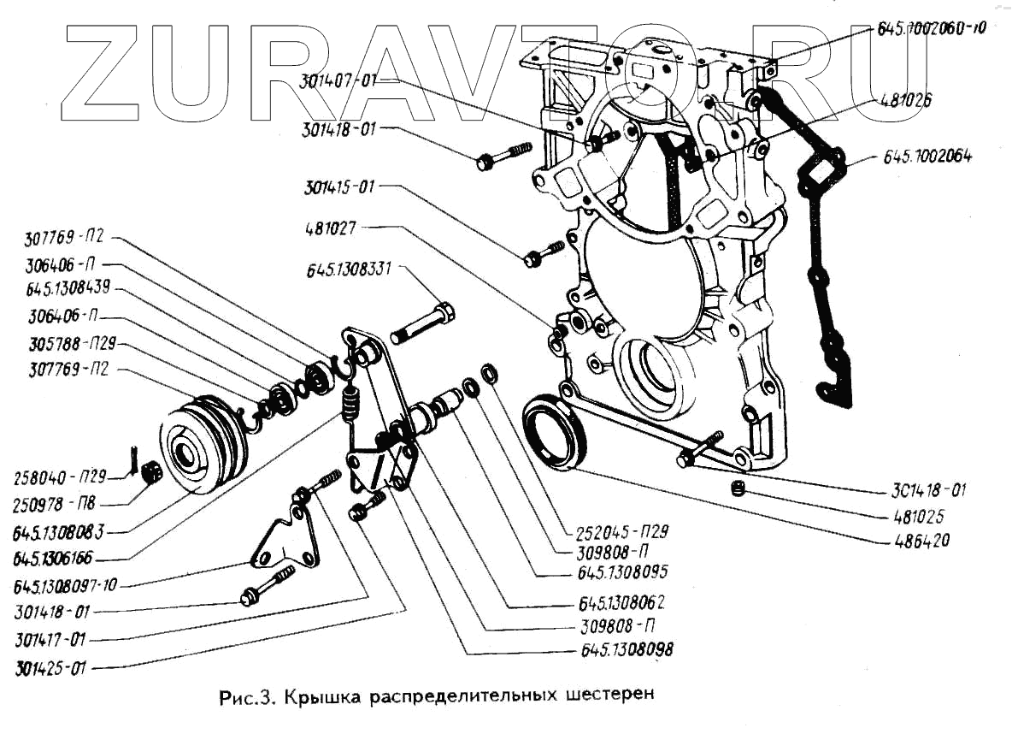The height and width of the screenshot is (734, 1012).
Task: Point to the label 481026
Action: [x=906, y=99]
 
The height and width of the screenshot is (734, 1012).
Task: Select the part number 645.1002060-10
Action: [x=932, y=28]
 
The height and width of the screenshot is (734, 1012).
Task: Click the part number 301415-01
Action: [x=340, y=186]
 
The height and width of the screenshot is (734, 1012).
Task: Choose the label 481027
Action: [x=332, y=228]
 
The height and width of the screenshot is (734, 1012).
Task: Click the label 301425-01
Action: [x=52, y=666]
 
